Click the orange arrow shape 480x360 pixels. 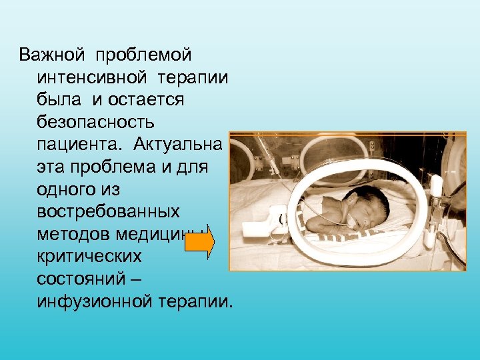[x=199, y=241]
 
